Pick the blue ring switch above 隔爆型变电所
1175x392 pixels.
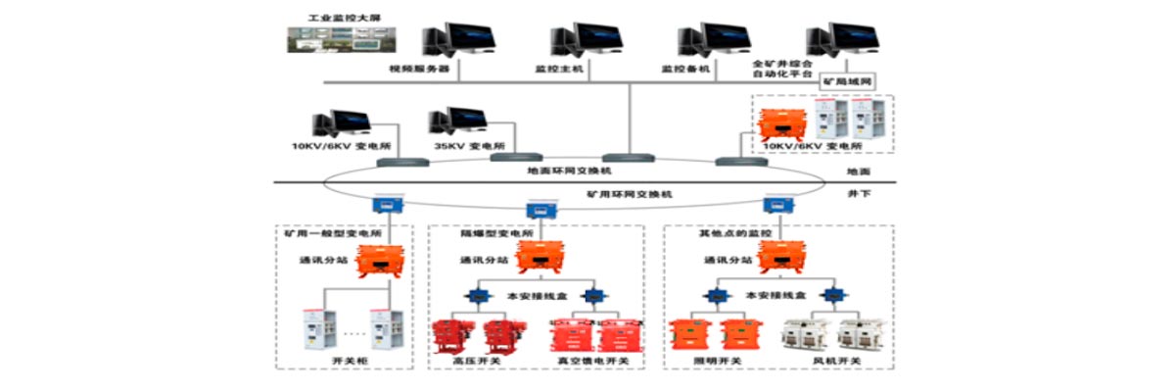(539, 210)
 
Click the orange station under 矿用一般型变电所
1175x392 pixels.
(379, 262)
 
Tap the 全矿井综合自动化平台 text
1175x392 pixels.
(783, 68)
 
